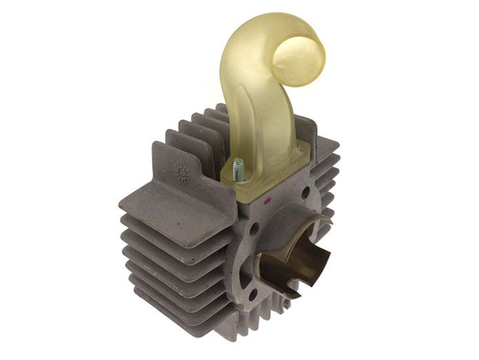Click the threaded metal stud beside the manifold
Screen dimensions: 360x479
238,170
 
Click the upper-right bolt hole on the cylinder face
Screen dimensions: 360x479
305,192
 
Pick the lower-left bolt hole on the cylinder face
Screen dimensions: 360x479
253,293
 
